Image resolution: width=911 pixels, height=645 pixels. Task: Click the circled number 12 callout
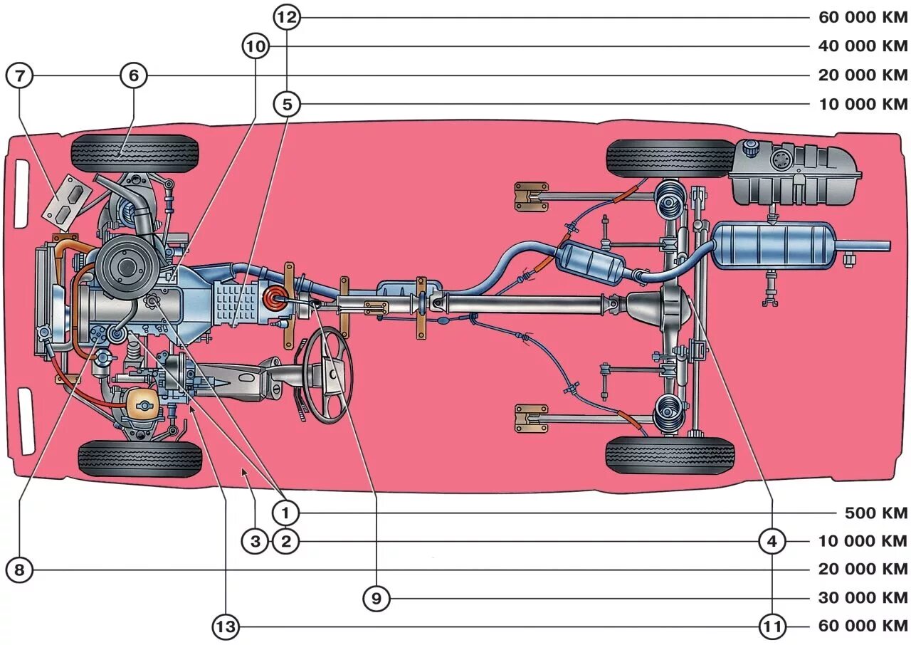pyautogui.click(x=287, y=18)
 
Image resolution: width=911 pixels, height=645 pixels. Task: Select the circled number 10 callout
pyautogui.click(x=256, y=47)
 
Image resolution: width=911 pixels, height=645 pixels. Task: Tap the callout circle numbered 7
pyautogui.click(x=19, y=75)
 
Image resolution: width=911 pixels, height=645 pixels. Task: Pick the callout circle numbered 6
pyautogui.click(x=133, y=75)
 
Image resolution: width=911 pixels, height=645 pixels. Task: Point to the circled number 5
pyautogui.click(x=287, y=105)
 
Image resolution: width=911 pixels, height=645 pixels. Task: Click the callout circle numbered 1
pyautogui.click(x=286, y=513)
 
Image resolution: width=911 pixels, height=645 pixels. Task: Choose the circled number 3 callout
pyautogui.click(x=256, y=542)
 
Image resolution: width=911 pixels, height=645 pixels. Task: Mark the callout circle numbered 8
pyautogui.click(x=19, y=570)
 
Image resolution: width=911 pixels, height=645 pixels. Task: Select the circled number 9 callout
pyautogui.click(x=376, y=599)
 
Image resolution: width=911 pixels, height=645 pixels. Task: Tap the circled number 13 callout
pyautogui.click(x=226, y=627)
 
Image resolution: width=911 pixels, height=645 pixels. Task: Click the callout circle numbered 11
pyautogui.click(x=772, y=627)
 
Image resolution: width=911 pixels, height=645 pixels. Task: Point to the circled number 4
pyautogui.click(x=772, y=542)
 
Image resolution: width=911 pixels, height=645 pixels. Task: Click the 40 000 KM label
pyautogui.click(x=863, y=47)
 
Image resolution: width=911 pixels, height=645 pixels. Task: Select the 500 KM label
pyautogui.click(x=876, y=513)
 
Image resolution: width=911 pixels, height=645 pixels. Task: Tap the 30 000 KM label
pyautogui.click(x=863, y=599)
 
